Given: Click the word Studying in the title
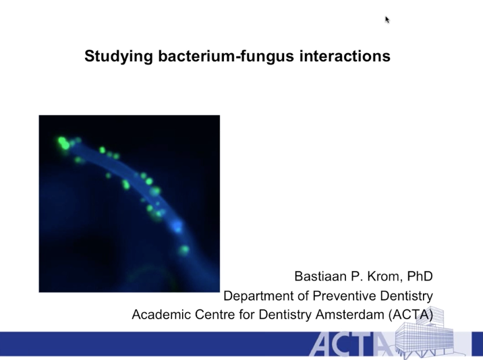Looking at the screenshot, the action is click(x=119, y=57).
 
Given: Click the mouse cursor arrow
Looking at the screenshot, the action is click(x=387, y=20).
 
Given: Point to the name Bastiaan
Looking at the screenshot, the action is click(x=320, y=276).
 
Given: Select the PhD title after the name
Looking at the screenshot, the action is click(x=420, y=276).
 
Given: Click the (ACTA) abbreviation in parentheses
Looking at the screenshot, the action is click(x=411, y=315).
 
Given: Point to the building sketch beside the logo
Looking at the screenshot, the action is click(x=425, y=332).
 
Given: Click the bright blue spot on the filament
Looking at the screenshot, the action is click(x=177, y=227).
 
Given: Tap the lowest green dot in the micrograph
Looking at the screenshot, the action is click(x=184, y=249).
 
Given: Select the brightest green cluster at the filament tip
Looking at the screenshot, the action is click(x=63, y=143).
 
